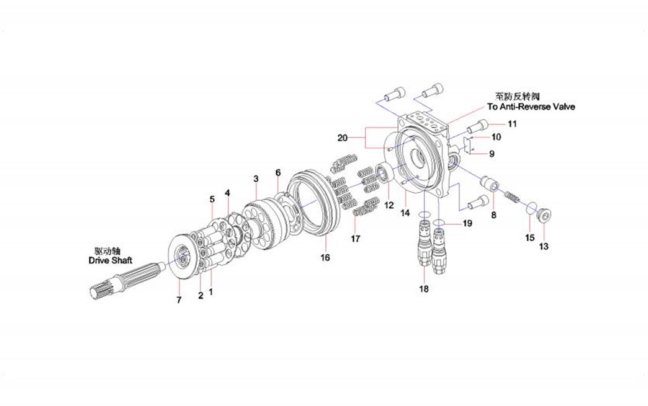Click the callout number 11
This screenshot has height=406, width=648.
pos(511,124)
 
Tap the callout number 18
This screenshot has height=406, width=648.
pos(424,288)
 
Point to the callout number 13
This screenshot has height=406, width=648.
pos(544,247)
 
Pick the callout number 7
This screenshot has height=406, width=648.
pos(179,300)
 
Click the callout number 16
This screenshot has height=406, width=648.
pos(325,257)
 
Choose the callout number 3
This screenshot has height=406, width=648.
pos(256,179)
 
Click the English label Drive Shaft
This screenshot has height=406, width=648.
pos(110,262)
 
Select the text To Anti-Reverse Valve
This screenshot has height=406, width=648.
pos(531,107)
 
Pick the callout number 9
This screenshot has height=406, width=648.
pos(492,154)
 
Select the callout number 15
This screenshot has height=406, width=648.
pos(529,237)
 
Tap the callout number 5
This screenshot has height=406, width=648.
pos(212,199)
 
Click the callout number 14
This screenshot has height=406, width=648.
pos(405,213)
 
